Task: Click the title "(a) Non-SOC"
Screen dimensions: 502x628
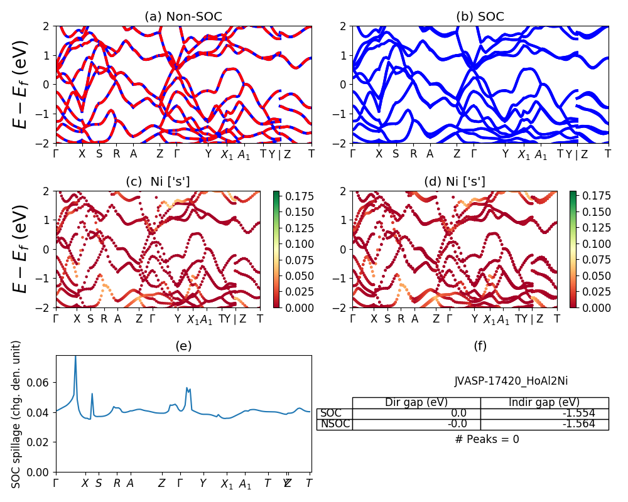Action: tap(183, 17)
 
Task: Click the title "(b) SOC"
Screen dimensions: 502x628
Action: tap(480, 17)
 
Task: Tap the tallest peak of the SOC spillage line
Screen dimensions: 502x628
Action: tap(75, 356)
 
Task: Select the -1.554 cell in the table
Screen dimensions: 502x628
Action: tap(544, 414)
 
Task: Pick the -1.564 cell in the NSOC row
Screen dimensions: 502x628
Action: tap(544, 424)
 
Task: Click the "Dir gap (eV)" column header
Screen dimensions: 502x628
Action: tap(416, 403)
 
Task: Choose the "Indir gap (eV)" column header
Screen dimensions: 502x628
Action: tap(544, 403)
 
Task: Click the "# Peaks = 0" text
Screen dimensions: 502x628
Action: tap(487, 439)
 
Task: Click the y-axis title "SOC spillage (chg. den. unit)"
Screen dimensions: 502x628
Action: tap(17, 414)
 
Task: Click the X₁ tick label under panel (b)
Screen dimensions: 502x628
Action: tap(524, 155)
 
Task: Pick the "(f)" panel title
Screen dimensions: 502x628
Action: tap(480, 346)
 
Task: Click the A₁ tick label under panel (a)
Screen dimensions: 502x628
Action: tap(244, 155)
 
